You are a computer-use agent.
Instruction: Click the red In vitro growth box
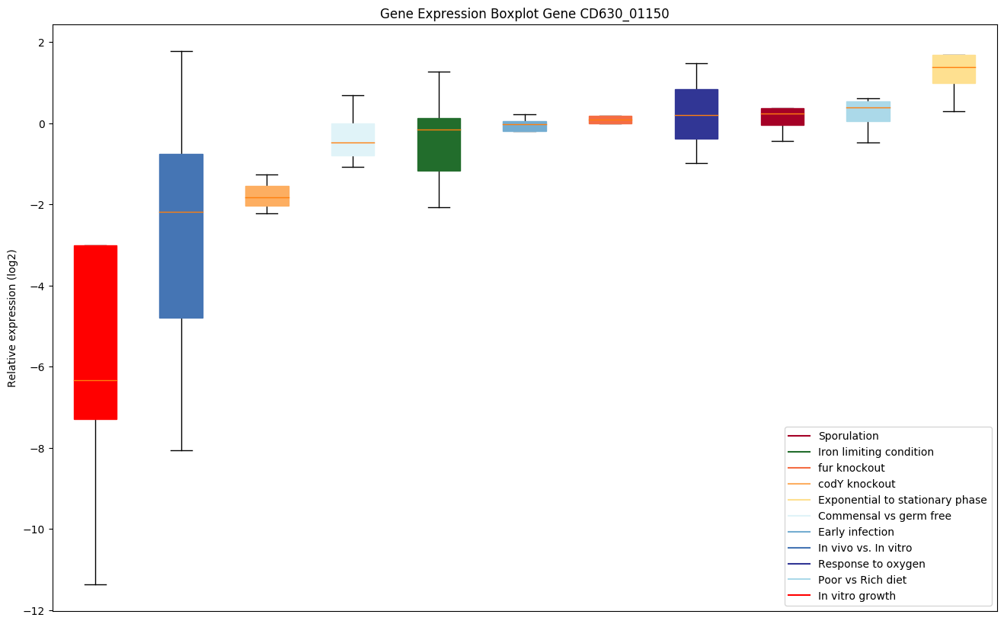click(x=95, y=332)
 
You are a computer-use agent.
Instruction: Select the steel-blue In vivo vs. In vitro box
click(x=181, y=236)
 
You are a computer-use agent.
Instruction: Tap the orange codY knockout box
click(x=267, y=196)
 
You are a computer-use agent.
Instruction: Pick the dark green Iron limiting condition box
click(x=439, y=145)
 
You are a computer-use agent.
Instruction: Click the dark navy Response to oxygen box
click(x=696, y=114)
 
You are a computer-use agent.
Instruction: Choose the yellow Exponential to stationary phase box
click(x=954, y=69)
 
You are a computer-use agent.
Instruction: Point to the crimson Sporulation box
click(x=782, y=117)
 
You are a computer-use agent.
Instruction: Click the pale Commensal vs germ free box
click(x=353, y=139)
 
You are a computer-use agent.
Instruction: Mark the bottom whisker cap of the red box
click(x=95, y=584)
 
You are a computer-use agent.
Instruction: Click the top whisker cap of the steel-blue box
click(x=181, y=51)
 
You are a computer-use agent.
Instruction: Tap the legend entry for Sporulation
click(x=848, y=436)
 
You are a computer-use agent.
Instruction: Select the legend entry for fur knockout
click(x=851, y=468)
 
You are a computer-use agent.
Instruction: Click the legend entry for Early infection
click(x=855, y=532)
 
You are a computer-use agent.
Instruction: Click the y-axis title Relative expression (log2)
click(x=12, y=318)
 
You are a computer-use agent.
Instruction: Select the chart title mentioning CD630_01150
click(x=524, y=14)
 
